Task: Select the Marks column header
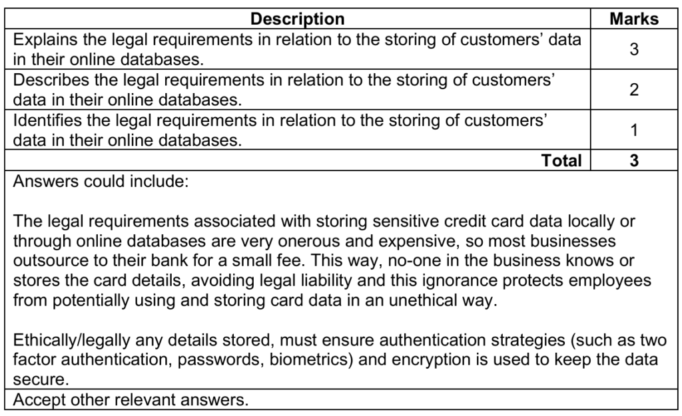click(633, 19)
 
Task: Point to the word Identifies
click(44, 121)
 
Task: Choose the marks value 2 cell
click(633, 90)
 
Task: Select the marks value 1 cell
click(633, 131)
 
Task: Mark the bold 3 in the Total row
click(633, 160)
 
